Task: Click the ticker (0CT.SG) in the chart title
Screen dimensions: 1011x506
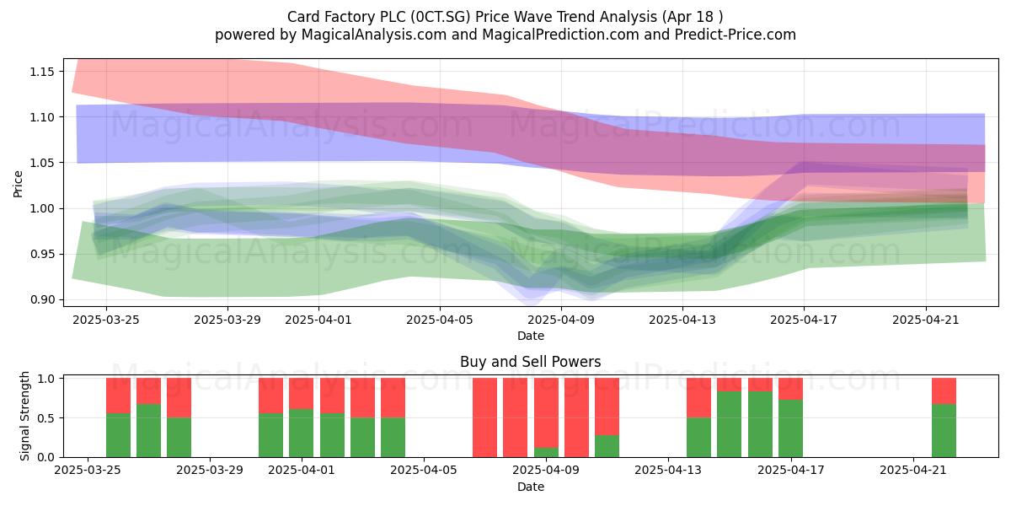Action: click(440, 17)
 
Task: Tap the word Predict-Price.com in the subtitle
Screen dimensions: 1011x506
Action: click(736, 35)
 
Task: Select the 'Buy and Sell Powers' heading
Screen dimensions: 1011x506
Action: click(530, 362)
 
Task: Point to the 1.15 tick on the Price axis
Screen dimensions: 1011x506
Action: click(41, 72)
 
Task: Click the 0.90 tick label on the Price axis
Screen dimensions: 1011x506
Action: click(41, 299)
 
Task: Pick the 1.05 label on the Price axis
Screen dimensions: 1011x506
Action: click(41, 163)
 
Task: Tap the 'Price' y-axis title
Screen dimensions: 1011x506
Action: click(18, 184)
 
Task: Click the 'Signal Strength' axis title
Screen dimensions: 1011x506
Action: click(24, 416)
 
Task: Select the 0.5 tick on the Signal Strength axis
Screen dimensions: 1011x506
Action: click(45, 418)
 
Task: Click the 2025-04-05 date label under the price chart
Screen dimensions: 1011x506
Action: click(440, 320)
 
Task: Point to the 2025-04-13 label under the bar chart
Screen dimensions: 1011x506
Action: click(668, 471)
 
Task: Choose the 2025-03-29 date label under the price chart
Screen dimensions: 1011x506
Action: click(227, 320)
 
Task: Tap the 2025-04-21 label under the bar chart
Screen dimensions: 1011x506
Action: click(913, 471)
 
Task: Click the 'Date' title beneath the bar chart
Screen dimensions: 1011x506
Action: click(530, 487)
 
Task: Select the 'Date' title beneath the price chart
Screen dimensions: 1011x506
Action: click(530, 336)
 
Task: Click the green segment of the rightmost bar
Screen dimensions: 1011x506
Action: click(944, 431)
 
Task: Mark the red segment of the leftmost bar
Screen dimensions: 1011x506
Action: click(118, 396)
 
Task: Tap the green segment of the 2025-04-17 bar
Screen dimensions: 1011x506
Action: click(791, 428)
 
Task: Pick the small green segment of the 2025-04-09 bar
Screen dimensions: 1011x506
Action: click(546, 452)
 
